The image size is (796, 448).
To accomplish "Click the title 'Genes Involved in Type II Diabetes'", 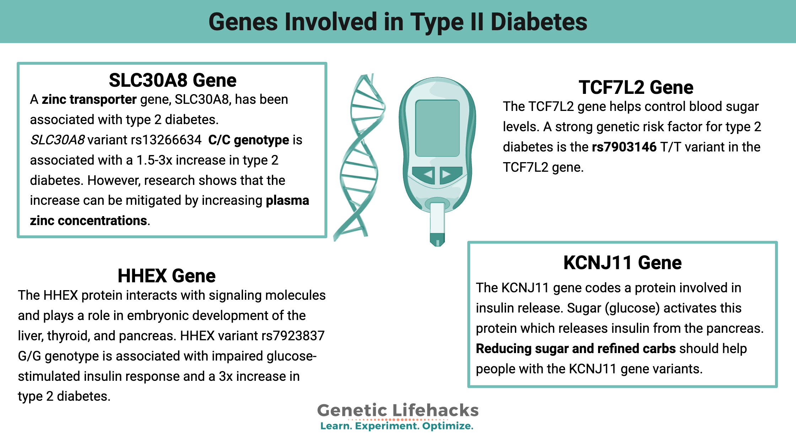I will point(398,22).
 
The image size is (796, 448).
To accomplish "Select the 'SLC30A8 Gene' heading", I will point(172,80).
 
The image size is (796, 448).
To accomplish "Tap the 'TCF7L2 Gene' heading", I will point(636,87).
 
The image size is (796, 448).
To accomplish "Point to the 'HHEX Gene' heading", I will point(166,276).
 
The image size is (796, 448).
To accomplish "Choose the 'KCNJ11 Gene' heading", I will point(622,263).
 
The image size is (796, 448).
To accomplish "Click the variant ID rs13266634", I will point(166,140).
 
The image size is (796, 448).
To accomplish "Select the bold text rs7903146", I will point(624,147).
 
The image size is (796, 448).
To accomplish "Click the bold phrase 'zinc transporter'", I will point(89,100).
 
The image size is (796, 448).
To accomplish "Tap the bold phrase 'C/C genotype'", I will point(248,140).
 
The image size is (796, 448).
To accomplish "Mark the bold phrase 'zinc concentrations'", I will point(88,221).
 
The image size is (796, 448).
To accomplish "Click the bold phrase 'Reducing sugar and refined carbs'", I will point(575,349).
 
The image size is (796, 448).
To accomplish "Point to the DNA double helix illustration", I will point(360,156).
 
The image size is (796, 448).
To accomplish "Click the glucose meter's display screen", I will point(437,128).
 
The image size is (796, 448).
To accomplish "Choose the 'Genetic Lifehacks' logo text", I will point(398,410).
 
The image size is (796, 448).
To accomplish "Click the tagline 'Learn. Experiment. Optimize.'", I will point(397,426).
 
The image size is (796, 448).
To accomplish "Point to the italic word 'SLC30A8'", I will point(57,140).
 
